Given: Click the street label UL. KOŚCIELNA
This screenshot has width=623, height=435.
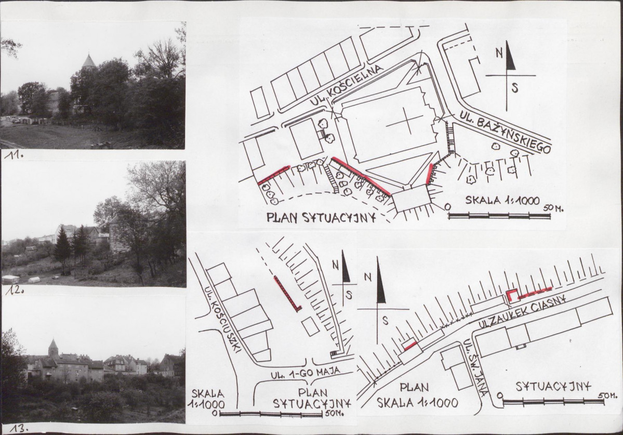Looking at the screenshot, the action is point(347,86).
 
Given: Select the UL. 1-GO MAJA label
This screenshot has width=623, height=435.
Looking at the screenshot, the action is point(306,371).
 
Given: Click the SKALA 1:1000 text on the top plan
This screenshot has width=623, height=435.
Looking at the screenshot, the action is point(502,200).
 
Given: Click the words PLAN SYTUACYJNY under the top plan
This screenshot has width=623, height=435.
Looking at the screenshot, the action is point(322,218).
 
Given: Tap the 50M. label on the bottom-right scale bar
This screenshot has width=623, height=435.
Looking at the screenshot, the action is point(607,396).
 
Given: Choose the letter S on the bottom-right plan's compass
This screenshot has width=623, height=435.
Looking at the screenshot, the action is point(385,320).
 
